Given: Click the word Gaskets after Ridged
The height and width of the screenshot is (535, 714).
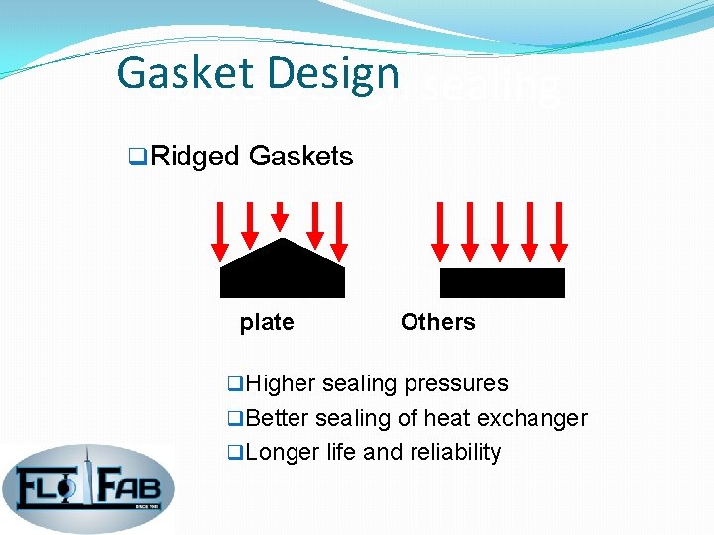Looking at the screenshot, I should click(301, 157).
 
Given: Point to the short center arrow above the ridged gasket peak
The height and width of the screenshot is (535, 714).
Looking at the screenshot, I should click(281, 215).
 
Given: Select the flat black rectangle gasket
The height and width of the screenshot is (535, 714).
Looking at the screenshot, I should click(502, 282).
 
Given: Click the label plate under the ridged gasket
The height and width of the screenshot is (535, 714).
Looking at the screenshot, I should click(267, 322).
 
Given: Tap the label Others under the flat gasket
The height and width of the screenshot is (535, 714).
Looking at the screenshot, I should click(437, 322).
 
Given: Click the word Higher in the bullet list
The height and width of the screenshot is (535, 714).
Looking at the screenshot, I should click(281, 383).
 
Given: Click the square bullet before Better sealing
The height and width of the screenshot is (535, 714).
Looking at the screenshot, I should click(234, 418).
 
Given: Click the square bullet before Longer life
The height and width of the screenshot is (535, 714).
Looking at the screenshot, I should click(234, 452).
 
